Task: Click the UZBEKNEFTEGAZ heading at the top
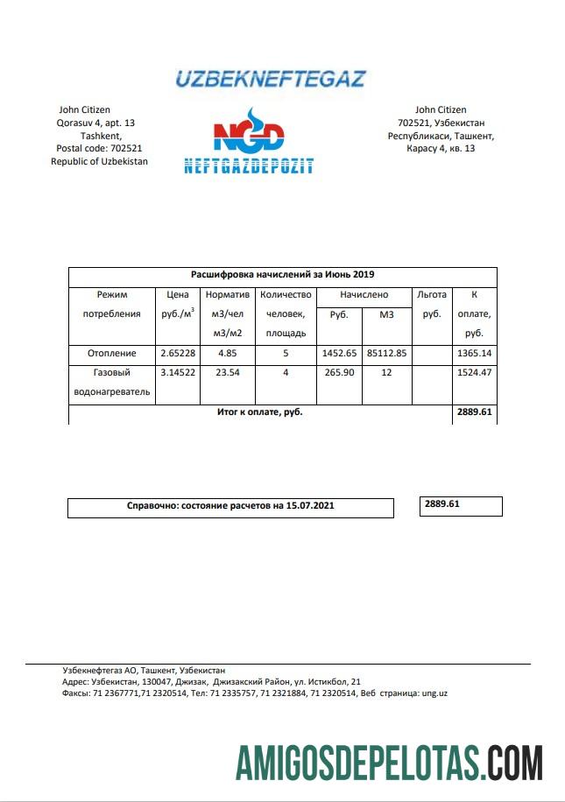pyautogui.click(x=270, y=79)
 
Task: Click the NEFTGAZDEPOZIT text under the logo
pyautogui.click(x=249, y=165)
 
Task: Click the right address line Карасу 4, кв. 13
pyautogui.click(x=441, y=149)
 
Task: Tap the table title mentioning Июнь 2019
pyautogui.click(x=282, y=275)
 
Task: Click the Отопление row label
pyautogui.click(x=111, y=354)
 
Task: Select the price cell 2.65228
pyautogui.click(x=178, y=354)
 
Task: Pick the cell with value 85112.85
pyautogui.click(x=386, y=354)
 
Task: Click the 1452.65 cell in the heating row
pyautogui.click(x=339, y=354)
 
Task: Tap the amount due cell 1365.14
pyautogui.click(x=475, y=354)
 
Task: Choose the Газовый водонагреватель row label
pyautogui.click(x=111, y=382)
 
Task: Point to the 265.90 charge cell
pyautogui.click(x=339, y=373)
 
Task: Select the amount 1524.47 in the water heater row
pyautogui.click(x=475, y=373)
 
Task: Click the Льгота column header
pyautogui.click(x=432, y=295)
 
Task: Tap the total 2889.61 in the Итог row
pyautogui.click(x=474, y=411)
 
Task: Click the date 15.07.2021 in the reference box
pyautogui.click(x=309, y=506)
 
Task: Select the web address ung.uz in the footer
pyautogui.click(x=434, y=693)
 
